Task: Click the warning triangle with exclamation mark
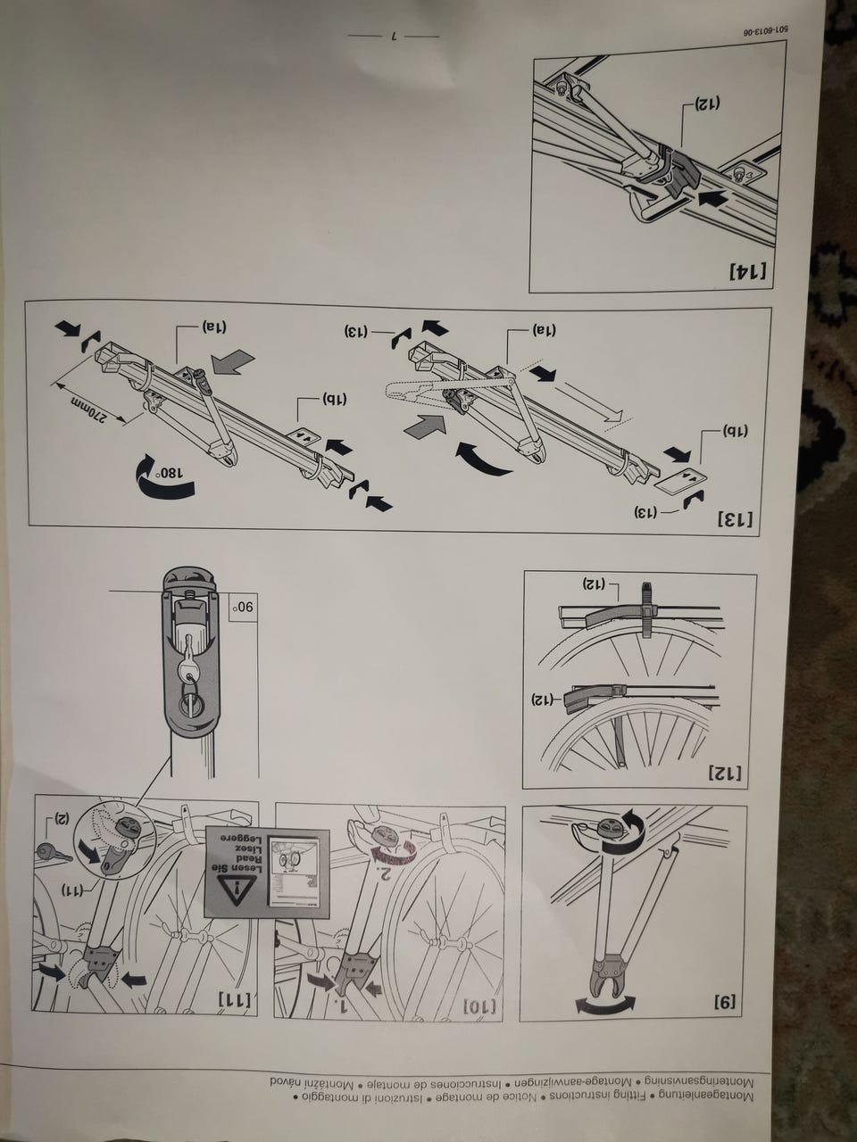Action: pyautogui.click(x=237, y=890)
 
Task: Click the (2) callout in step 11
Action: pyautogui.click(x=63, y=817)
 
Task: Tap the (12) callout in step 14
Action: pyautogui.click(x=708, y=103)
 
